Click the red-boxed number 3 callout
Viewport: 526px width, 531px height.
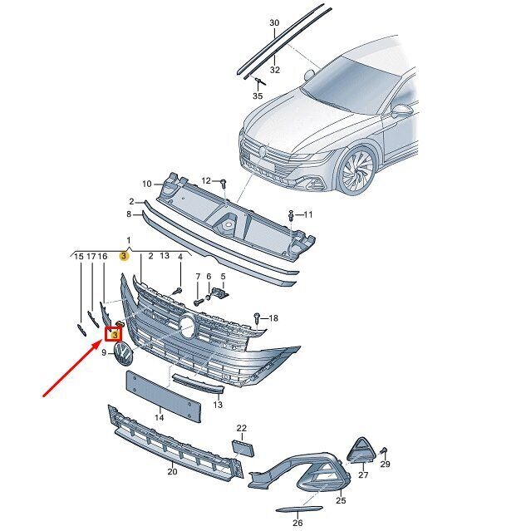(x=115, y=335)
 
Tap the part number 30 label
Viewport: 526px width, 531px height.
(x=274, y=22)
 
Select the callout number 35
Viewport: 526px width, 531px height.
(x=258, y=96)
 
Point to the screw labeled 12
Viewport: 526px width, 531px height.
(x=224, y=184)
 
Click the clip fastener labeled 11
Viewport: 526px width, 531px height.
(x=292, y=215)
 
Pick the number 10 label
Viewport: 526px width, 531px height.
(x=146, y=184)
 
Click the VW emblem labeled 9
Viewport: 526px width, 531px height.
(x=123, y=353)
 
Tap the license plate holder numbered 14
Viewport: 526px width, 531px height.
(x=164, y=396)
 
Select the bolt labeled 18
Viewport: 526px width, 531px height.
(x=257, y=318)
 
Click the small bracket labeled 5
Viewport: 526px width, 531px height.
(x=220, y=293)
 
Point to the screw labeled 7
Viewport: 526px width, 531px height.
(x=198, y=301)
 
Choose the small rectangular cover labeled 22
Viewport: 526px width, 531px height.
(x=243, y=448)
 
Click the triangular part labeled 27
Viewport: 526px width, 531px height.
(x=361, y=450)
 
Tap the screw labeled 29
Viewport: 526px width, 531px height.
(x=384, y=451)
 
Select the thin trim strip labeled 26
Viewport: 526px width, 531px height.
(x=299, y=509)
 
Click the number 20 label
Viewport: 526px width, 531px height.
(x=172, y=471)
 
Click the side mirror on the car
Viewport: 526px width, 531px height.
(x=401, y=111)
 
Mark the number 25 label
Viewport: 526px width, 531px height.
(x=341, y=500)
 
